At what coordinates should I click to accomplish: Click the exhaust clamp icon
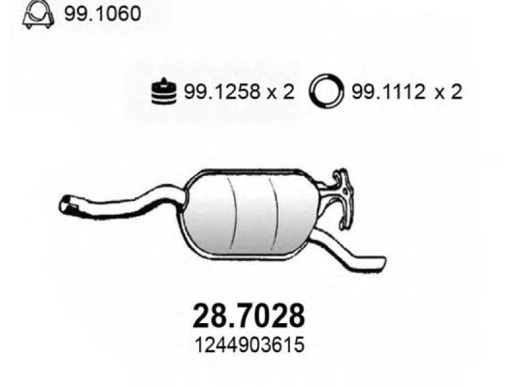(x=37, y=15)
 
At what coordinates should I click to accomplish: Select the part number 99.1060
(x=102, y=14)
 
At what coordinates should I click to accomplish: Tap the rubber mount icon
(x=164, y=92)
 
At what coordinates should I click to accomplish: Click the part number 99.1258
(x=222, y=92)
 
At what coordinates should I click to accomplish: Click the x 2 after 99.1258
(x=280, y=92)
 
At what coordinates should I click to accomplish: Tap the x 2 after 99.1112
(x=448, y=92)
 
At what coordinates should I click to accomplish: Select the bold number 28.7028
(x=249, y=315)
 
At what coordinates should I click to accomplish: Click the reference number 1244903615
(x=249, y=345)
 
